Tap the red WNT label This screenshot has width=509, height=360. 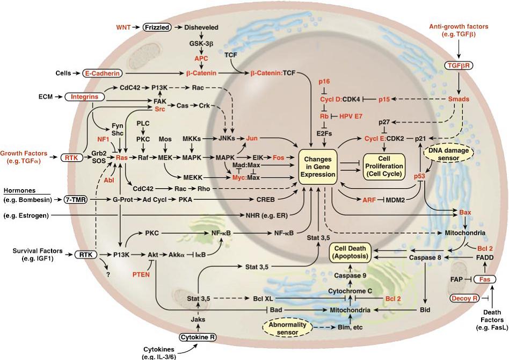point(126,26)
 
